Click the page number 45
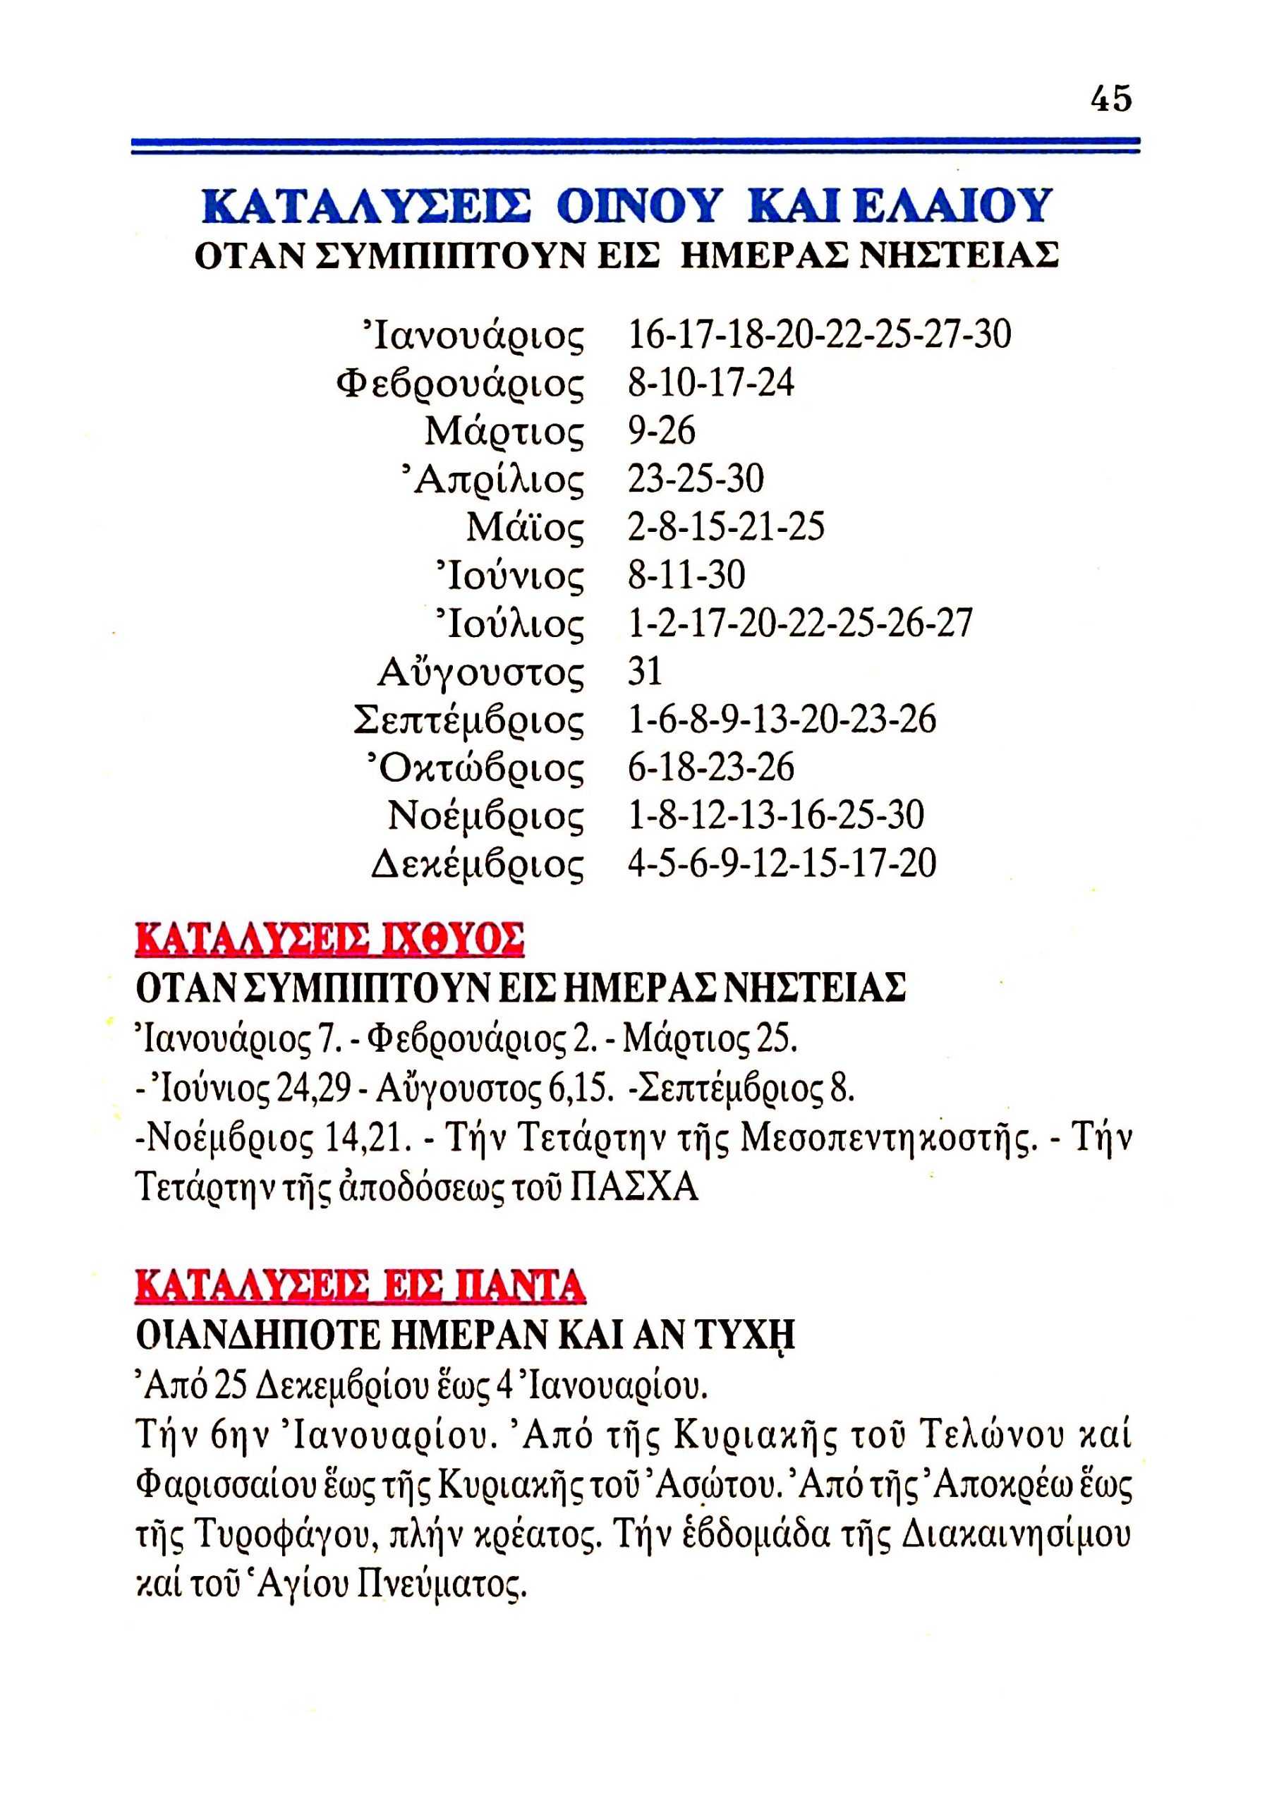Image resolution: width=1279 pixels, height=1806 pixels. [1110, 99]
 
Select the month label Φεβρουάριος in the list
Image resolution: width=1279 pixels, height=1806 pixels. [461, 385]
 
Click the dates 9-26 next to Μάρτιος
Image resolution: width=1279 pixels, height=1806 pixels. [662, 431]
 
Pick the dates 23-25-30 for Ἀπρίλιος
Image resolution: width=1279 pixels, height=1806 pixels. [696, 479]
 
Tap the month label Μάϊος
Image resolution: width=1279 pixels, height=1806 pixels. [526, 528]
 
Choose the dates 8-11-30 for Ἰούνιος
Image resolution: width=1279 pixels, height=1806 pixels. [686, 576]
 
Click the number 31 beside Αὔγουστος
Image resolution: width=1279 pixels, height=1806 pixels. [644, 672]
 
